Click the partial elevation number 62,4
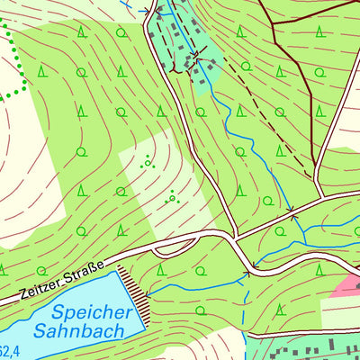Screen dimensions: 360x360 point(5,352)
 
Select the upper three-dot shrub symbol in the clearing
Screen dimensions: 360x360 point(147,162)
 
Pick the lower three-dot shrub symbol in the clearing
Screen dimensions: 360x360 point(171,196)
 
